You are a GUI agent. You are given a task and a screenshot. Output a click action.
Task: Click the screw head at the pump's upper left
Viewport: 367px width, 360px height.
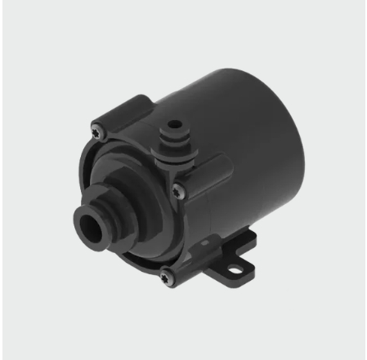[100, 127]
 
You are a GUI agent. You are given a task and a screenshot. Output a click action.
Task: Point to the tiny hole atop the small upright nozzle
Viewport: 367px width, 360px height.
[173, 128]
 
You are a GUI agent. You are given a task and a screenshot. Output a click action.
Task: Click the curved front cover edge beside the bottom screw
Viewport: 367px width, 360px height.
[147, 265]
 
